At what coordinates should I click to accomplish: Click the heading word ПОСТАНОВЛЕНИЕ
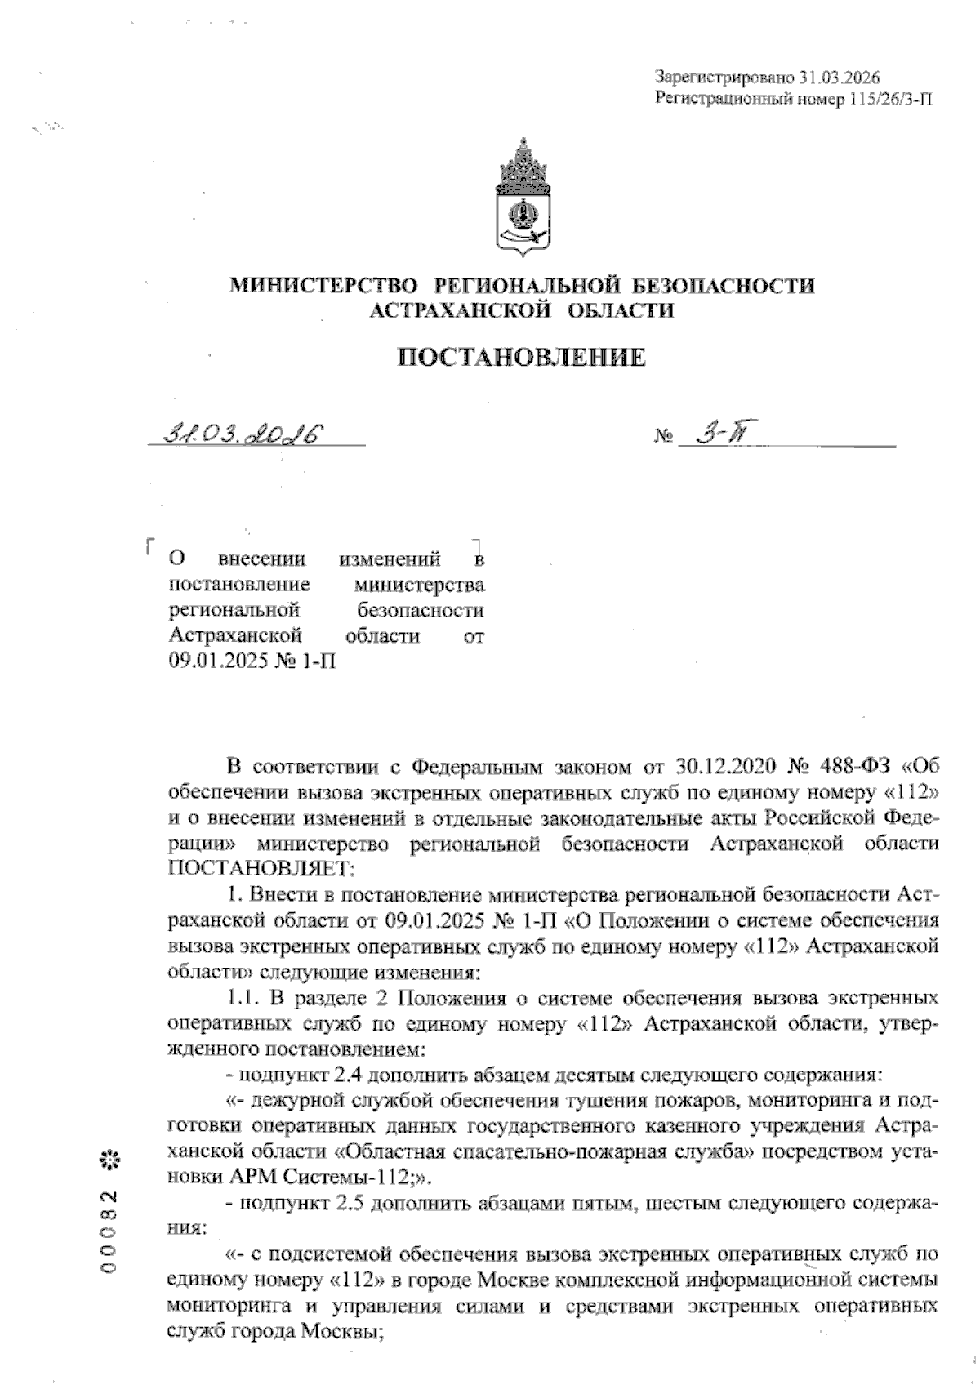[521, 358]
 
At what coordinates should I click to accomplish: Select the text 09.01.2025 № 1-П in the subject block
[252, 660]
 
